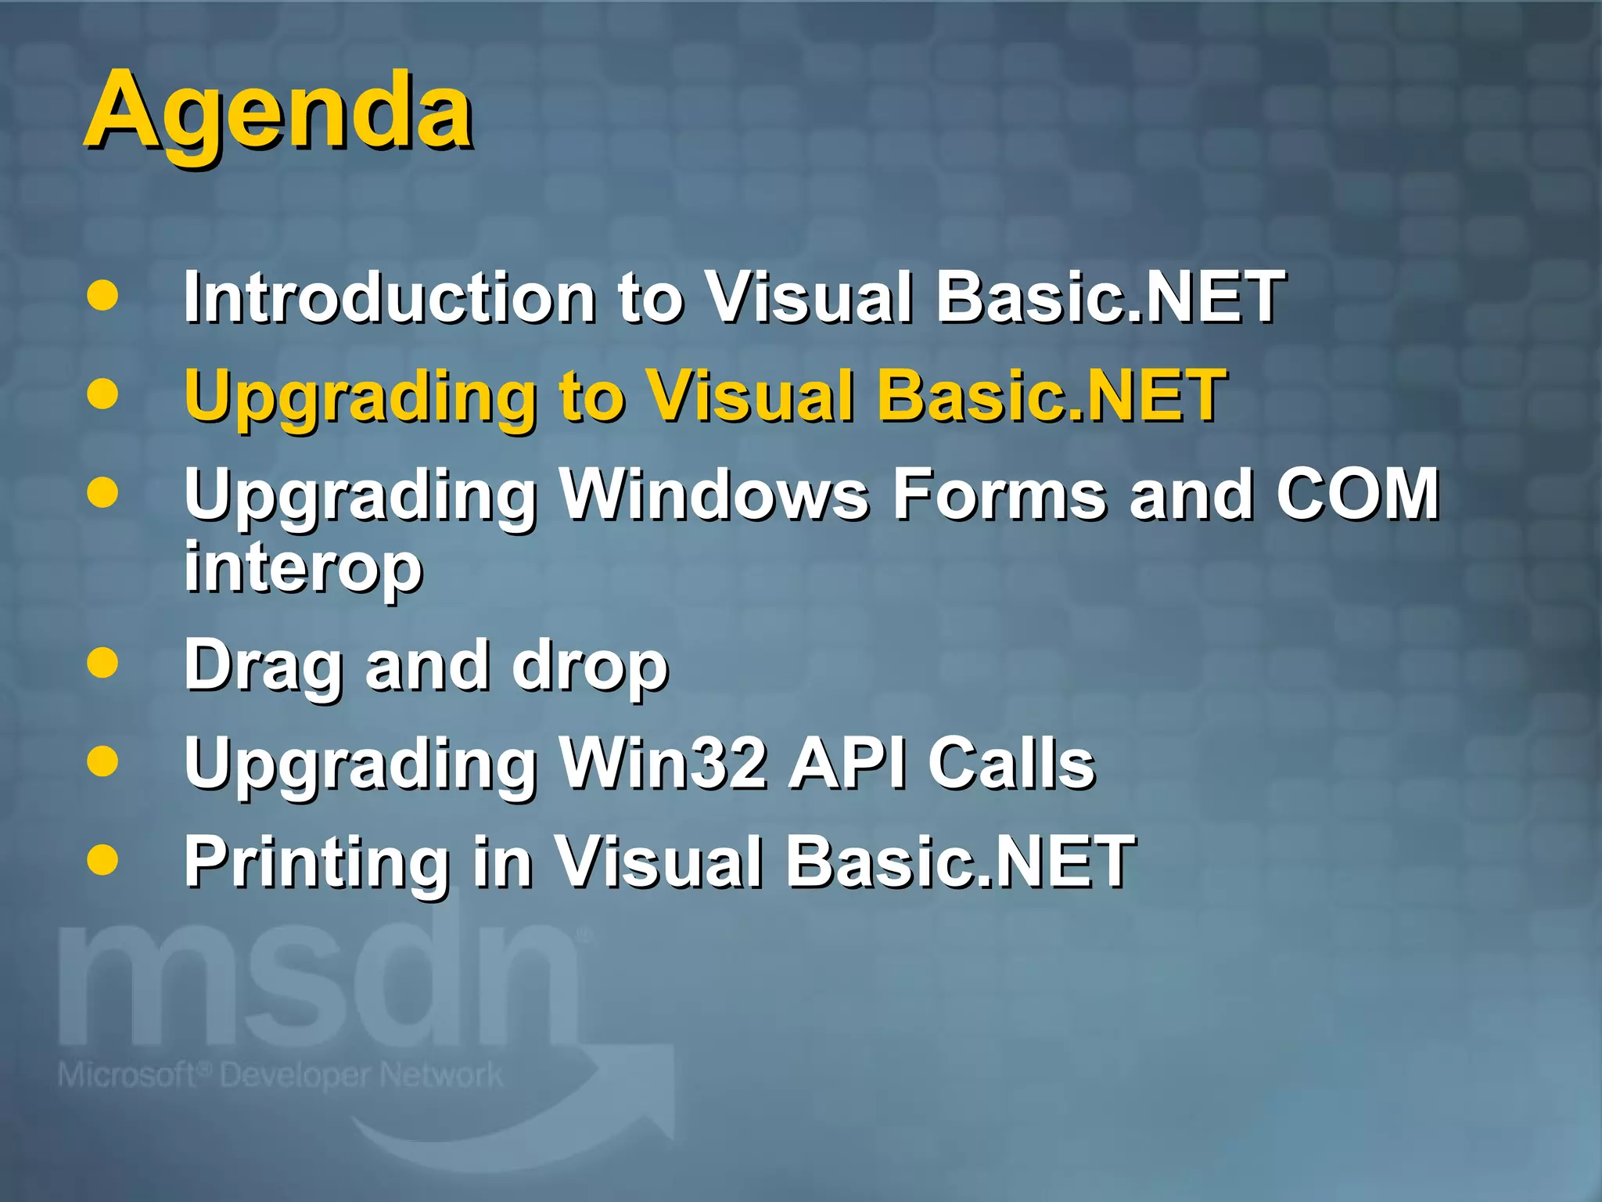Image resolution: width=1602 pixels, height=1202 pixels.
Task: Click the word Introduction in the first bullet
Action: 390,297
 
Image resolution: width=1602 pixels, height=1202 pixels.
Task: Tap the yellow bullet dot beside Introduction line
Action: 102,296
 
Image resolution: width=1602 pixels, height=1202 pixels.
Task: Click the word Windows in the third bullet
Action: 715,495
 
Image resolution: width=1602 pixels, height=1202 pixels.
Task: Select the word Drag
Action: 264,667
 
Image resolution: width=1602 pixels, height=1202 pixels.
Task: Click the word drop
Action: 590,667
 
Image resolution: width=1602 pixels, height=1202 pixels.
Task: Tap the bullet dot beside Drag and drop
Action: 102,664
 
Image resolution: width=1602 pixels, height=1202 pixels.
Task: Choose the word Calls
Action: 1011,763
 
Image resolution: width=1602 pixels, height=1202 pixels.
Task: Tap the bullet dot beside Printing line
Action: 102,859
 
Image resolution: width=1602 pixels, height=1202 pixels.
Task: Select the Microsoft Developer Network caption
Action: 280,1075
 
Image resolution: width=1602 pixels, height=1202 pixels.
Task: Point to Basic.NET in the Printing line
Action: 961,861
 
